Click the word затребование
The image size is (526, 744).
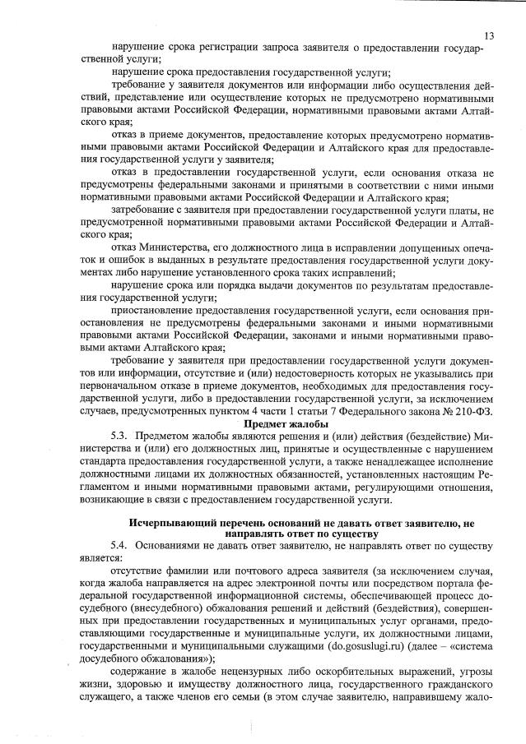click(x=142, y=210)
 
